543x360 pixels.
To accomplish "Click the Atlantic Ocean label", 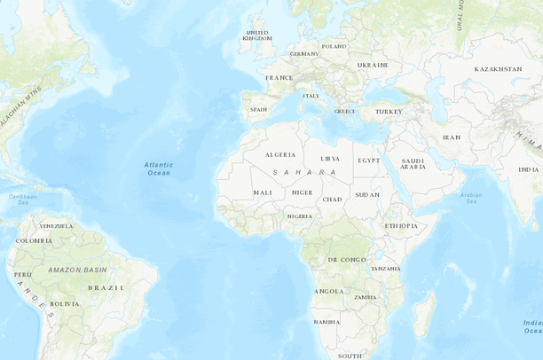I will pyautogui.click(x=159, y=168).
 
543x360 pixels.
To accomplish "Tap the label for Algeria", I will pyautogui.click(x=280, y=154).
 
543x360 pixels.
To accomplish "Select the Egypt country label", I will pyautogui.click(x=368, y=160).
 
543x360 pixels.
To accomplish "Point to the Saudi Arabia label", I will pyautogui.click(x=413, y=164).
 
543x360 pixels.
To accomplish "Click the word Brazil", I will pyautogui.click(x=106, y=287).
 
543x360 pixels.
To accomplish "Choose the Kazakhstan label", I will pyautogui.click(x=498, y=68).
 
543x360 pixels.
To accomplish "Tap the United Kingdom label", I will pyautogui.click(x=257, y=35).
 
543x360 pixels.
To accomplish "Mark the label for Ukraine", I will pyautogui.click(x=373, y=65).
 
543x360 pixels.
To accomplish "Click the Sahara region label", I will pyautogui.click(x=304, y=172).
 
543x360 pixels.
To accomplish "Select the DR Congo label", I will pyautogui.click(x=346, y=259).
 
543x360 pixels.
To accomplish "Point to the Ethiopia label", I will pyautogui.click(x=400, y=225).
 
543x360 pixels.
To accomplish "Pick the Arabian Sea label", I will pyautogui.click(x=470, y=198).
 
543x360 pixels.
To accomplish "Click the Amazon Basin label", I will pyautogui.click(x=77, y=269).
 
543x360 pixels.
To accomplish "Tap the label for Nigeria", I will pyautogui.click(x=299, y=215).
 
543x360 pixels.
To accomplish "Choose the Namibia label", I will pyautogui.click(x=326, y=321).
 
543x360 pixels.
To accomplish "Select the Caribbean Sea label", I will pyautogui.click(x=23, y=200).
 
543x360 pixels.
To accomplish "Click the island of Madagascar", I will pyautogui.click(x=425, y=315).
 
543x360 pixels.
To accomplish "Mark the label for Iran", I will pyautogui.click(x=452, y=137).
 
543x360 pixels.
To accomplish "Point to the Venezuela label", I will pyautogui.click(x=56, y=225).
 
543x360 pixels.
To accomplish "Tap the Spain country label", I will pyautogui.click(x=258, y=110).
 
